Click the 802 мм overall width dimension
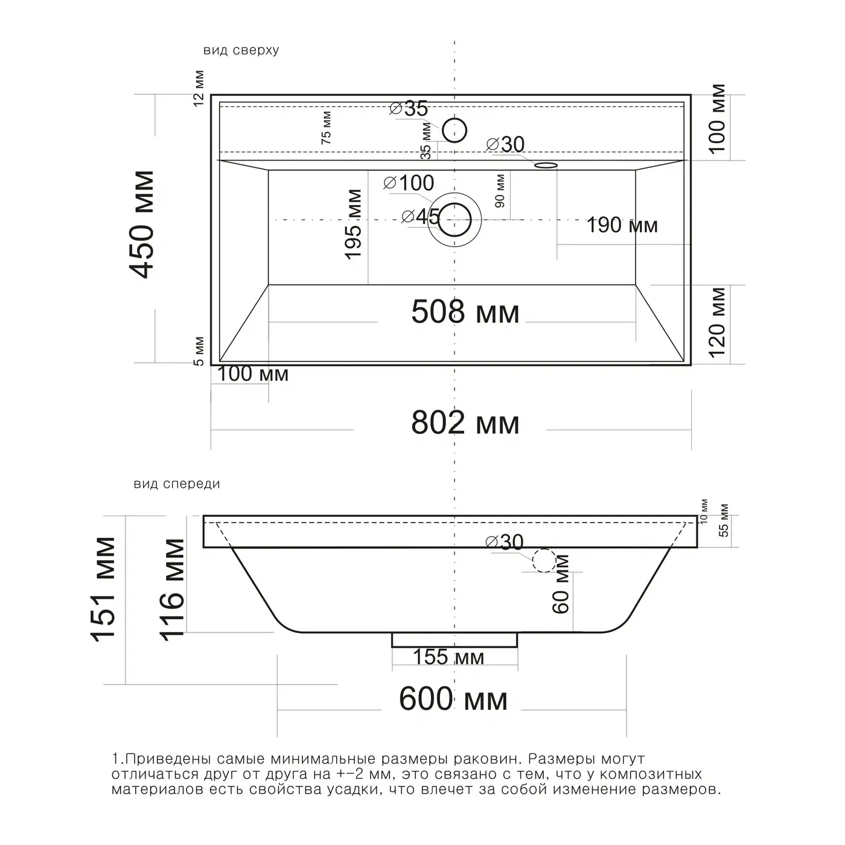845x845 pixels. [x=465, y=422]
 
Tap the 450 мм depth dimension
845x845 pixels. [x=142, y=225]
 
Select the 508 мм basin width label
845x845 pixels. [x=465, y=312]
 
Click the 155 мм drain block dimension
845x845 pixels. [x=448, y=657]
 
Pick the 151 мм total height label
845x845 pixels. [x=103, y=589]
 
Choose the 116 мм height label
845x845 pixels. [x=172, y=590]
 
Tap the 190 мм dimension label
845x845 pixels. [x=622, y=225]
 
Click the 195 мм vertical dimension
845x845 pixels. [x=353, y=224]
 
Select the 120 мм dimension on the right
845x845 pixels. [x=717, y=322]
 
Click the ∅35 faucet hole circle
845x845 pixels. [x=454, y=130]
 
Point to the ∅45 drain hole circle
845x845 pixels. [x=454, y=220]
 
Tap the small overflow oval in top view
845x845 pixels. [x=546, y=165]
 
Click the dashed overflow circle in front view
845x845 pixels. [x=544, y=560]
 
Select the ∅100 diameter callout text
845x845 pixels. [x=409, y=183]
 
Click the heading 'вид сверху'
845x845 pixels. [x=241, y=51]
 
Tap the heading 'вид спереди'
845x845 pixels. [x=177, y=484]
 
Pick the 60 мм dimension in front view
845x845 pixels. [x=561, y=584]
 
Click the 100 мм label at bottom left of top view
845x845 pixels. [x=253, y=374]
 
